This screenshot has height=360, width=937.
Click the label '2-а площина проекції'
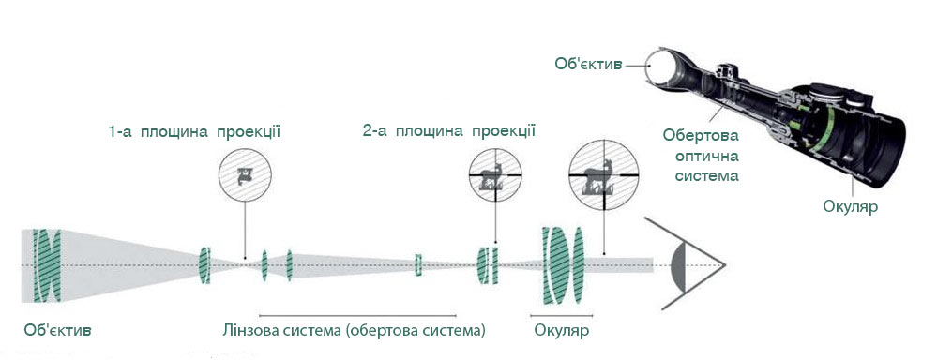pyautogui.click(x=448, y=131)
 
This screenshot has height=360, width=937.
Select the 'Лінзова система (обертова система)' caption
pyautogui.click(x=354, y=331)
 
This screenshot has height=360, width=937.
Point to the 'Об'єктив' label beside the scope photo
pyautogui.click(x=587, y=65)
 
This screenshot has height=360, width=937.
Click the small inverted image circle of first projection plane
pyautogui.click(x=246, y=174)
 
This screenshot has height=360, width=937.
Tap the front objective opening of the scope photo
pyautogui.click(x=673, y=67)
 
